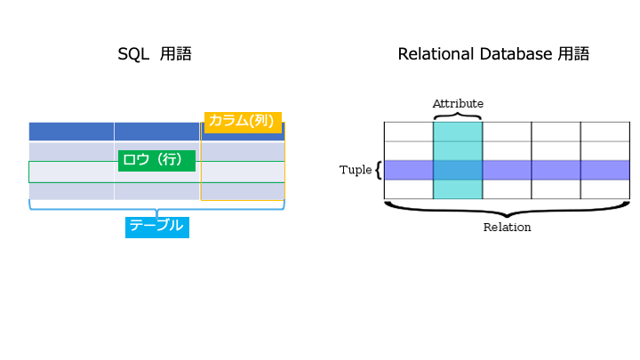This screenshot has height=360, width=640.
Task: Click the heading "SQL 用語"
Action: (155, 54)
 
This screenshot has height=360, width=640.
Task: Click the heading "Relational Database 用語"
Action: (493, 54)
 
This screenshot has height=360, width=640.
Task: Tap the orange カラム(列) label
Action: (243, 122)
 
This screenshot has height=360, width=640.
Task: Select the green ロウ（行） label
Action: (156, 160)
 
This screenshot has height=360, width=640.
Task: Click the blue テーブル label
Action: (157, 227)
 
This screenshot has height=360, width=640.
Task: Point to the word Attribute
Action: (458, 104)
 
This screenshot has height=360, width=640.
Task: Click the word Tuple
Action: (356, 170)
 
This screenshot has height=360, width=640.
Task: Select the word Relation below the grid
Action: (507, 228)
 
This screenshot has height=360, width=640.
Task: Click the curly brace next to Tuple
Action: (379, 170)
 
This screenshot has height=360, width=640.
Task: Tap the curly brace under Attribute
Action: (458, 116)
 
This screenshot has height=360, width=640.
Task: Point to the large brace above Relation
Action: (507, 210)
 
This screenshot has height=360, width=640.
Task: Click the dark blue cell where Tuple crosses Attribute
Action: (458, 170)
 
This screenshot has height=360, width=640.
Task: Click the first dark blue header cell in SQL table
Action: (71, 132)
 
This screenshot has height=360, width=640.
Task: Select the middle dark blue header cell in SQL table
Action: (156, 132)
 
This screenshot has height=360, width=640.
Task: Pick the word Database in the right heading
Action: (516, 54)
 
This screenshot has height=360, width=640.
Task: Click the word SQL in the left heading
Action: (133, 54)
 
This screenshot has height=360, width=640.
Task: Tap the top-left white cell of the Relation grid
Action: (409, 132)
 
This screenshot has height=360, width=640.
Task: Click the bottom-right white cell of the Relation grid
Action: (605, 189)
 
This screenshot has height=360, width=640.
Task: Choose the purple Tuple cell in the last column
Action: (605, 170)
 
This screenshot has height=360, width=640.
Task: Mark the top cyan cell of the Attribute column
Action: (458, 132)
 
